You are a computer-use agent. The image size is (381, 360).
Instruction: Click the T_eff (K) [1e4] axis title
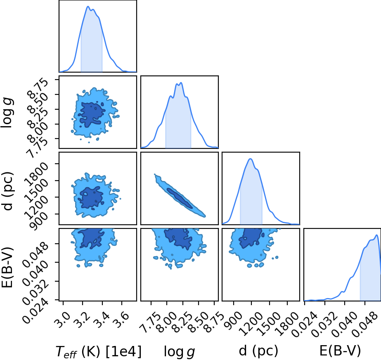click(x=98, y=351)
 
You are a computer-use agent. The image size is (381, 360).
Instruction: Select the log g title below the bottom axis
click(x=179, y=351)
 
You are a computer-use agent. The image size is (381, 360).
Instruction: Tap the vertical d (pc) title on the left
click(x=7, y=191)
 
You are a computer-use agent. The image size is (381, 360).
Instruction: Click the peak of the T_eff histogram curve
click(x=88, y=6)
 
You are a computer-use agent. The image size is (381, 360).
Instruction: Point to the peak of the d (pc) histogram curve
click(x=250, y=159)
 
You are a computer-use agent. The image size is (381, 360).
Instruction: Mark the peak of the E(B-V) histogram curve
click(x=376, y=235)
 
